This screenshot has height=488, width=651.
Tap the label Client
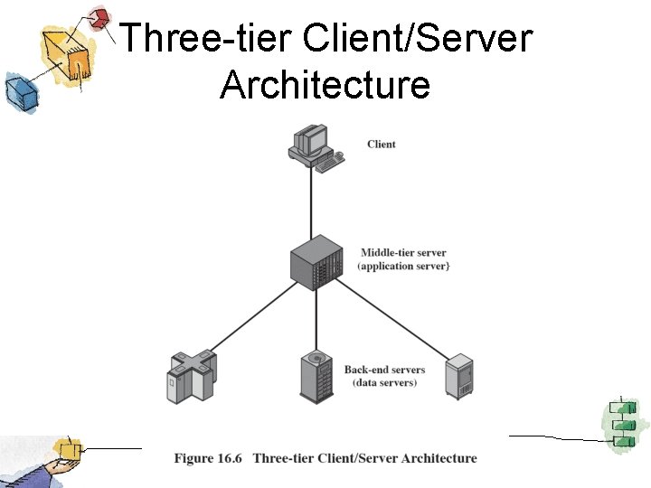point(382,145)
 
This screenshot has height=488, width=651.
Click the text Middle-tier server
point(403,253)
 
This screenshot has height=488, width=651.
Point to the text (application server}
point(403,267)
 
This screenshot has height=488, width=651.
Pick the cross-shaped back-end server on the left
point(193,374)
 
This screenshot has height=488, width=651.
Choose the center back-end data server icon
point(317,376)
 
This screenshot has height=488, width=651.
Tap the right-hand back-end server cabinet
point(459,376)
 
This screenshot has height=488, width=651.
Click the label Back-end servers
point(384,370)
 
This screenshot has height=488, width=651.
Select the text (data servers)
point(384,383)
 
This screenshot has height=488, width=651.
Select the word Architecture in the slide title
point(325,85)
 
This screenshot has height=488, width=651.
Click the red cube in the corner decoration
point(100,18)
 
